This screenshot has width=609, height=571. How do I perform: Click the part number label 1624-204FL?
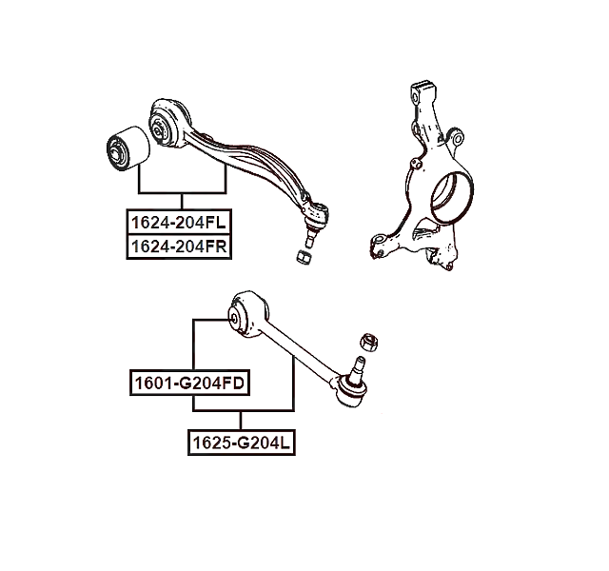tap(179, 222)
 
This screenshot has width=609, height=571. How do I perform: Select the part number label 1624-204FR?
tap(179, 246)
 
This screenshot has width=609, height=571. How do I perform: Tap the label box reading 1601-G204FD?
tap(189, 383)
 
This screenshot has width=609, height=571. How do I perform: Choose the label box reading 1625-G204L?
tap(241, 443)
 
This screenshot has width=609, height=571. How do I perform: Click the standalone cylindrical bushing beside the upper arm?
tap(128, 148)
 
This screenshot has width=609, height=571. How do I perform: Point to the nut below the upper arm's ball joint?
tap(304, 257)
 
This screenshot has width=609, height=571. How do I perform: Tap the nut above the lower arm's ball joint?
tap(369, 343)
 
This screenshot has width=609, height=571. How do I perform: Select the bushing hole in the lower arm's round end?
tap(234, 319)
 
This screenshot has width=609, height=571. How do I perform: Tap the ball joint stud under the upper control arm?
tap(311, 236)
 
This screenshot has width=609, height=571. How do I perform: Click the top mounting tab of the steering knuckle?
tap(422, 90)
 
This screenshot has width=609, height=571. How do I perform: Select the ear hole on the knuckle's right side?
tap(459, 139)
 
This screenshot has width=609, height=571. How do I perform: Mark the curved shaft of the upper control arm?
tap(248, 163)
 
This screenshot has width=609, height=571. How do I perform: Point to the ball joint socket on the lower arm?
tap(351, 391)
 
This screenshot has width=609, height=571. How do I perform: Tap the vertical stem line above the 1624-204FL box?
tap(182, 201)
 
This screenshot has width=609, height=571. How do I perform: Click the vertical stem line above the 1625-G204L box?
tap(241, 421)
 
